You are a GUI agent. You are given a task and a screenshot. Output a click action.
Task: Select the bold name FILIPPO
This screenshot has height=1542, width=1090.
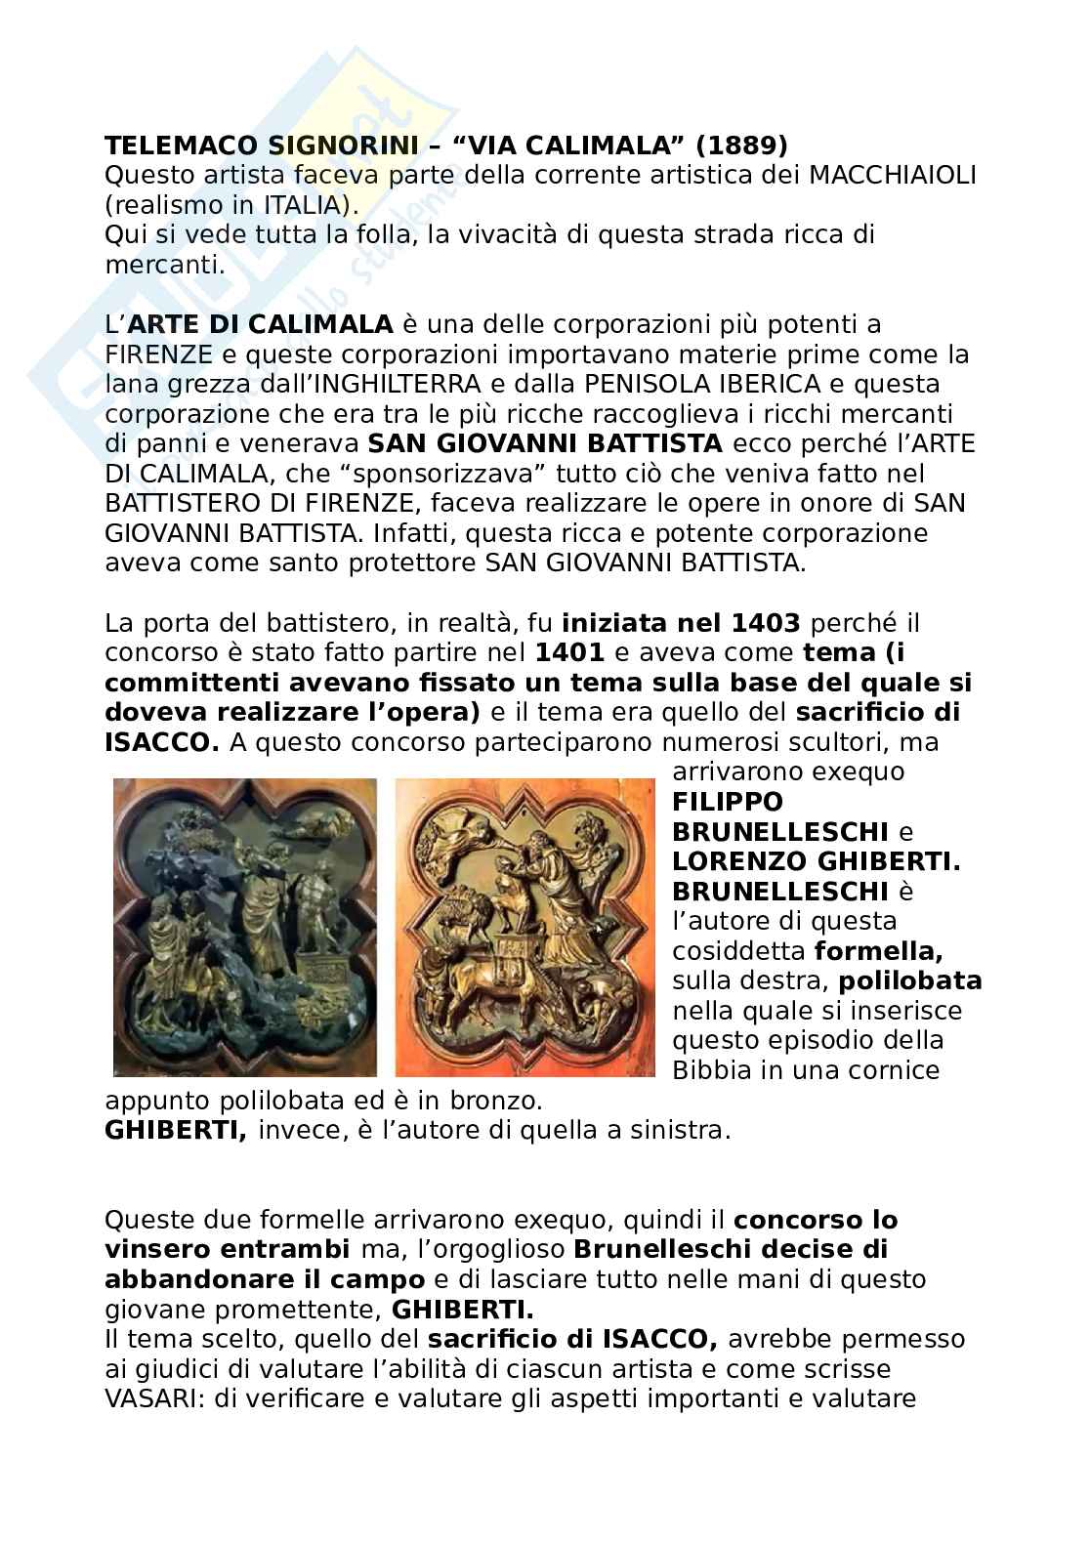pos(728,803)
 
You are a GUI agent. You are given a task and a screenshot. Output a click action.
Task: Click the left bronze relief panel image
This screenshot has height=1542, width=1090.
pos(245,928)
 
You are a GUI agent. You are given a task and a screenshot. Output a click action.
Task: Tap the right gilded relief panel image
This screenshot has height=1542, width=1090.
pos(525,928)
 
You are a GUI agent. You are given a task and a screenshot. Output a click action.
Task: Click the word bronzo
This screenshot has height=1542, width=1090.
pos(503,1101)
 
